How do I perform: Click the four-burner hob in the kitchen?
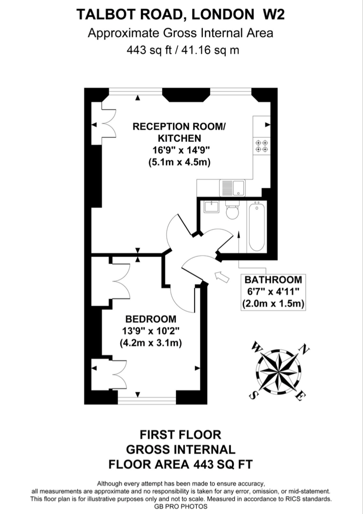click(x=262, y=145)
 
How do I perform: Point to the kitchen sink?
click(x=231, y=188)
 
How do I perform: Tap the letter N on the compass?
click(x=305, y=349)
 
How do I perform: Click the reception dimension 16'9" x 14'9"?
click(x=179, y=150)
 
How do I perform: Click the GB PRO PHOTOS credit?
click(x=181, y=506)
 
